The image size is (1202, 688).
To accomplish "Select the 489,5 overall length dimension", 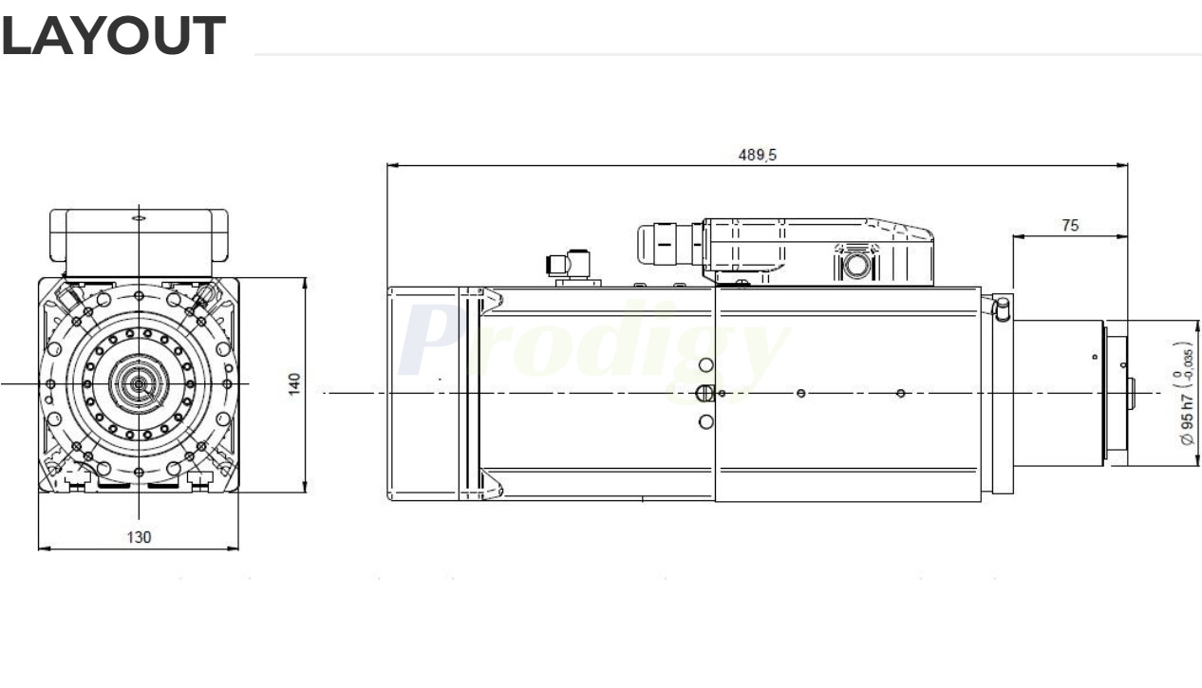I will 757,155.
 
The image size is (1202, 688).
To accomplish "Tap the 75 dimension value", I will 1069,226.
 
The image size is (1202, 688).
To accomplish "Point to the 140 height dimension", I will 295,384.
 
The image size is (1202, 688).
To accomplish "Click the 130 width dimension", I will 139,537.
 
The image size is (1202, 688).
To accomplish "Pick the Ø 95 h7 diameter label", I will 1186,409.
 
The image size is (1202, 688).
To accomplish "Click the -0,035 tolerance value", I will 1186,363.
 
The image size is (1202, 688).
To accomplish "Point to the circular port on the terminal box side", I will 856,265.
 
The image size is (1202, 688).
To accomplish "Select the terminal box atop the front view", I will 139,236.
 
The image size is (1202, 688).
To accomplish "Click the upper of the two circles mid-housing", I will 705,365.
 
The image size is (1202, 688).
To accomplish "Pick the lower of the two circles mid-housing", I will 705,421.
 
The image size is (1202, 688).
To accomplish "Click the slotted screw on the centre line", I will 704,393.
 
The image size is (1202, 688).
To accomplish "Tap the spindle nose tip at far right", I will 1130,393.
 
